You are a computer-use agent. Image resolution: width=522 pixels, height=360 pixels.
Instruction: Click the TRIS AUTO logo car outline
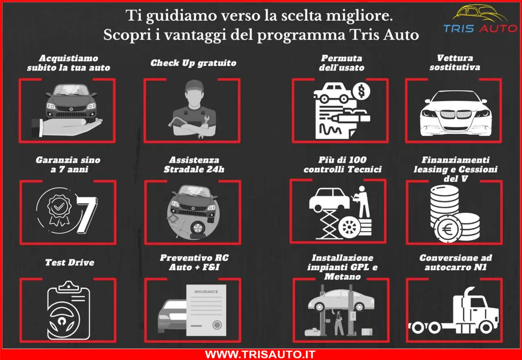pos(480,13)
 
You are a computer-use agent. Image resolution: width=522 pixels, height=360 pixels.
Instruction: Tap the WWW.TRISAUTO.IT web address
pos(260,354)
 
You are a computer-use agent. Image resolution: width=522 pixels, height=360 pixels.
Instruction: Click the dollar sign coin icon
pos(361,91)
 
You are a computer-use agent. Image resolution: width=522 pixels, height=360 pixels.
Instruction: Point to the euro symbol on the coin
pos(447,229)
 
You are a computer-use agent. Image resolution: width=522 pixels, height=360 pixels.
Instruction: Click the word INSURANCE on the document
pos(206,292)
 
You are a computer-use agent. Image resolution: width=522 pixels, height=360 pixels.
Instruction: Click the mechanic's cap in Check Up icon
pos(195,86)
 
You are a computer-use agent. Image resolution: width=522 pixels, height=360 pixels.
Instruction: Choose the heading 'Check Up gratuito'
pos(193,63)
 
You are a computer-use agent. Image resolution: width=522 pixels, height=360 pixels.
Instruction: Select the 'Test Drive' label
pos(70,263)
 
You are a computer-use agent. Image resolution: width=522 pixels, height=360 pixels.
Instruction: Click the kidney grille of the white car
pos(456,114)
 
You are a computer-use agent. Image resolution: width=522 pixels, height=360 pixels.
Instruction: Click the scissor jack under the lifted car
pos(329,224)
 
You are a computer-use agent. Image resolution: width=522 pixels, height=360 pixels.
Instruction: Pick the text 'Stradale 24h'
pos(194,169)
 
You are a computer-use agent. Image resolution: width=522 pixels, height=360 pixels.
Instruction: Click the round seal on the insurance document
pos(217,325)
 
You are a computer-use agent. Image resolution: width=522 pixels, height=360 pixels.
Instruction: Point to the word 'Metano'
pos(342,276)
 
